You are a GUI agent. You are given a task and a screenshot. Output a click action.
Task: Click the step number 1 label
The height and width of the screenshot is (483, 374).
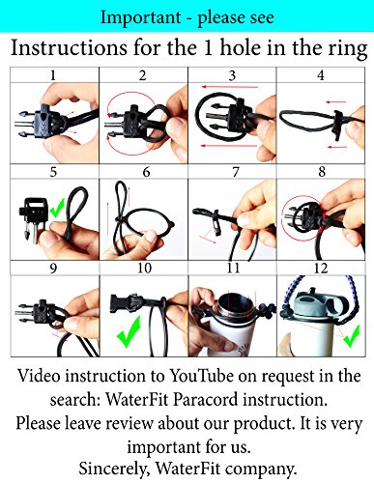click(x=53, y=75)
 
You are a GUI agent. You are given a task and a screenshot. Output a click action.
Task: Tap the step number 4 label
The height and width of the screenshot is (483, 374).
click(x=321, y=75)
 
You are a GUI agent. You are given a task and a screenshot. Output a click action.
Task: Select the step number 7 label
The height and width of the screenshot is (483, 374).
click(x=236, y=172)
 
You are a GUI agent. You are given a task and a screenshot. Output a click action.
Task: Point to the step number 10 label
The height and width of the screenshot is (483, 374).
click(x=144, y=268)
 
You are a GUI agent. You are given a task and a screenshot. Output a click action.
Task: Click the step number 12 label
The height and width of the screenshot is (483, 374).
click(x=321, y=268)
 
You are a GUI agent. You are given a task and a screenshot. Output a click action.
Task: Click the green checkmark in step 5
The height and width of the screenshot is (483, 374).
click(x=57, y=208)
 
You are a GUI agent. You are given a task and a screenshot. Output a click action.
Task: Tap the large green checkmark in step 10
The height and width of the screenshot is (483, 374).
click(x=129, y=331)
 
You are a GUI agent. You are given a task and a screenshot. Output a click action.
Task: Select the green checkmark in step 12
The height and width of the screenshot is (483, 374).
click(x=351, y=336)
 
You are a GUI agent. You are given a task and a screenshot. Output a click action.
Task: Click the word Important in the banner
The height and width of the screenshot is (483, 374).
click(x=140, y=17)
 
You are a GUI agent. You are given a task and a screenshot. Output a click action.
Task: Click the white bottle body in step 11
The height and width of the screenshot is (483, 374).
click(x=225, y=335)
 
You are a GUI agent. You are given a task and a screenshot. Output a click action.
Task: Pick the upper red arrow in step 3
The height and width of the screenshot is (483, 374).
click(x=230, y=87)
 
